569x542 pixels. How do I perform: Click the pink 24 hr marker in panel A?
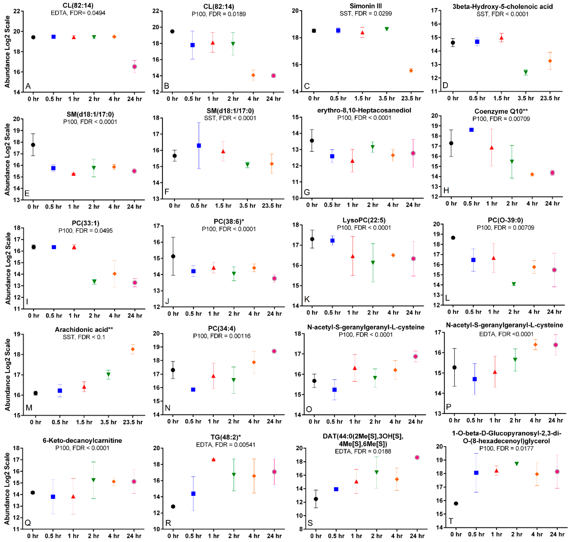tap(134, 67)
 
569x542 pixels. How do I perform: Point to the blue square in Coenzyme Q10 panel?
tap(471, 130)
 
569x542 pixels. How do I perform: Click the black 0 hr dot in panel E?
tap(33, 145)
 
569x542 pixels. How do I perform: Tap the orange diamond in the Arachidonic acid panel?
tap(133, 349)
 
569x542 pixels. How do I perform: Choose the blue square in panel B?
tap(193, 45)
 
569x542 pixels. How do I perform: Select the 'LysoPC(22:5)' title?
tap(364, 220)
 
